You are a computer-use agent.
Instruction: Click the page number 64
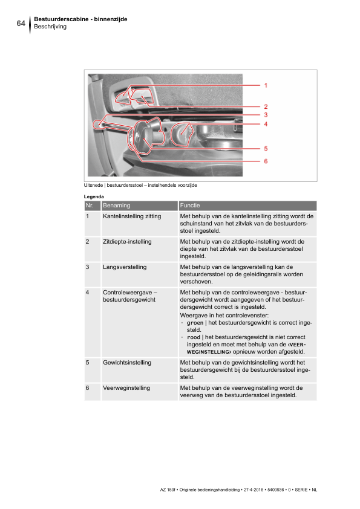coord(21,23)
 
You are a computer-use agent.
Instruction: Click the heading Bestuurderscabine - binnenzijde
coord(80,19)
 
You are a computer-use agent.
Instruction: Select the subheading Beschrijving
coord(50,27)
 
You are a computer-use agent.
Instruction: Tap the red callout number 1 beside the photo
coord(266,85)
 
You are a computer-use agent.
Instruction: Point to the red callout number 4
coord(266,124)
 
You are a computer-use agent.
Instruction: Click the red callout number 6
coord(266,161)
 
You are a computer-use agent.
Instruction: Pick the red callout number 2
coord(266,106)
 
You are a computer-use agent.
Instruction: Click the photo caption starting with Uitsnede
coord(140,186)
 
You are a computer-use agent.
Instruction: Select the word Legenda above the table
coord(94,196)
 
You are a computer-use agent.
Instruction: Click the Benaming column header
coord(117,206)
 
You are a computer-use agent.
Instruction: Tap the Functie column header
coord(190,206)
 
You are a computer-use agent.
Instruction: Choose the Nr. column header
coord(90,206)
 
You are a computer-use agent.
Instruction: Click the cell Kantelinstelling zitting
coord(132,216)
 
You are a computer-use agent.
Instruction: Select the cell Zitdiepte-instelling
coord(127,242)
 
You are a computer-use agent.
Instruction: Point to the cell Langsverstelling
coord(125,267)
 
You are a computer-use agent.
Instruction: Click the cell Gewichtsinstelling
coord(127,363)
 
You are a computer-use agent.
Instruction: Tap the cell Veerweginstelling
coord(126,388)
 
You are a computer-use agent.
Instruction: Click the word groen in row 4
coord(195,323)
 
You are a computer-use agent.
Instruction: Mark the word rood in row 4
coord(194,337)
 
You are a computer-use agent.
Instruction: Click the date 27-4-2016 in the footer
coord(254,490)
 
